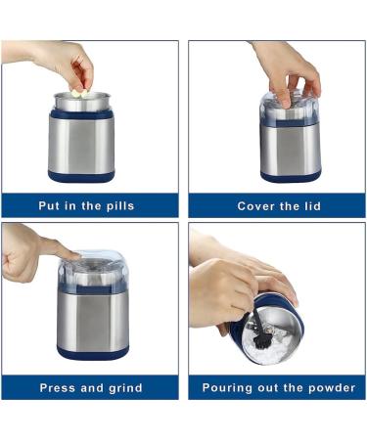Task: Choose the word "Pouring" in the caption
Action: [229, 388]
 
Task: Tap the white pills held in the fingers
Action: [77, 91]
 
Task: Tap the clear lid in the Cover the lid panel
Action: [290, 106]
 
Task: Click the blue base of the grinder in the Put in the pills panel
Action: [82, 176]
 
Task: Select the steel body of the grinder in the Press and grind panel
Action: [93, 318]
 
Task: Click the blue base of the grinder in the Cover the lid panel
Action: [291, 177]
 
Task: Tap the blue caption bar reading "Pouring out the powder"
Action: [279, 388]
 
